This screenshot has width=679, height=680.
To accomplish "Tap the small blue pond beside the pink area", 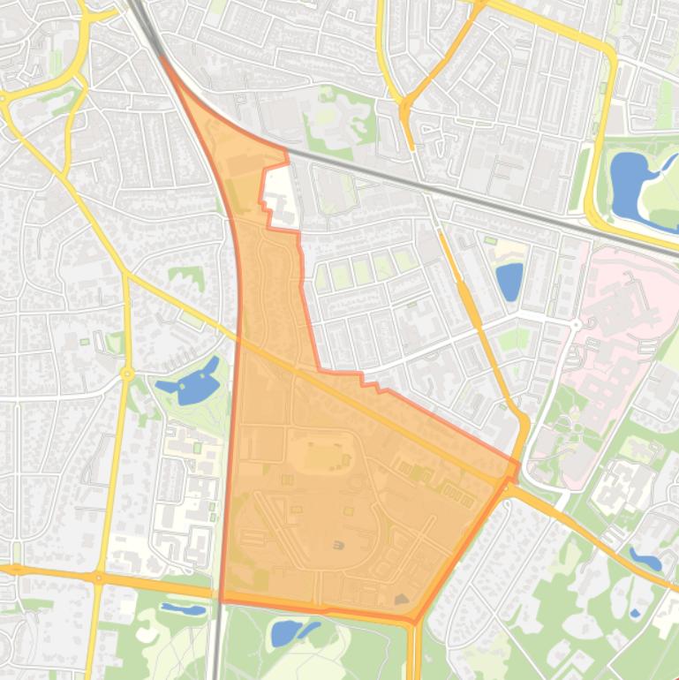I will coord(509,281).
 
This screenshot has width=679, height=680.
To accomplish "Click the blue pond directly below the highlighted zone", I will coord(286,632).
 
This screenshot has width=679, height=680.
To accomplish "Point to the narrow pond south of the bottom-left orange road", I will coord(183,609).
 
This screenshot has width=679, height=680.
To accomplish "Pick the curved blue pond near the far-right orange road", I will coord(645,560).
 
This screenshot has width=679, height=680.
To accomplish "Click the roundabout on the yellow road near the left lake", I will coord(127,374).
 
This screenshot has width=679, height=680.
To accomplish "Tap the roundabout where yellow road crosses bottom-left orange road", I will coord(98,578).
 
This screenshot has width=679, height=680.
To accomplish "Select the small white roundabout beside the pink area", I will coord(576,325).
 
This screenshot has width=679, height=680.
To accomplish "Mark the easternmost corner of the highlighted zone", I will coord(518,463).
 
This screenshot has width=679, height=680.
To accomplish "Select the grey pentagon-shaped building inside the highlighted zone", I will coord(403,600).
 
